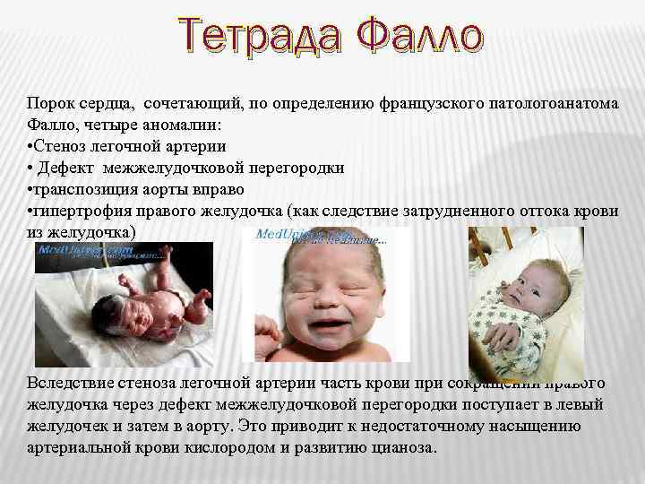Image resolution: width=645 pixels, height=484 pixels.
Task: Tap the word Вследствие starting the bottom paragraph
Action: (x=71, y=383)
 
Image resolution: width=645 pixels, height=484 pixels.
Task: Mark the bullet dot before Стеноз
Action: (x=30, y=146)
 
